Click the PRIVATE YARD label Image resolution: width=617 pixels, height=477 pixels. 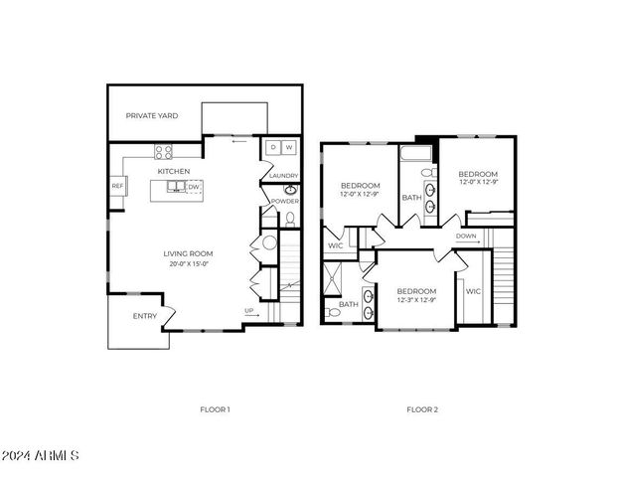click(x=152, y=116)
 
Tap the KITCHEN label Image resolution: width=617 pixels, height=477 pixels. click(x=174, y=171)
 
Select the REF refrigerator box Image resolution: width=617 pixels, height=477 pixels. click(x=117, y=186)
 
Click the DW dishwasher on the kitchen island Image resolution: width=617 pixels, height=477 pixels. click(x=195, y=186)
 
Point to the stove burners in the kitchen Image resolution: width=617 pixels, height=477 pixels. click(x=164, y=151)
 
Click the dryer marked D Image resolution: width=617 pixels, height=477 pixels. click(x=274, y=148)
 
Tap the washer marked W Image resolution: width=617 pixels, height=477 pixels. click(x=289, y=148)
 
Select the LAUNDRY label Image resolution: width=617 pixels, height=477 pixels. click(x=283, y=177)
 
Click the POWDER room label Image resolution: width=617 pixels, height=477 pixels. click(x=284, y=201)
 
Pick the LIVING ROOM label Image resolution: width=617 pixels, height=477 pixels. click(x=189, y=253)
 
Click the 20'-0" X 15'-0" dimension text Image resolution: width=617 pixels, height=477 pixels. click(x=189, y=264)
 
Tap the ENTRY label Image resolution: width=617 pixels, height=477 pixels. click(x=144, y=317)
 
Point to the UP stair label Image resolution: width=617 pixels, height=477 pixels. click(x=249, y=311)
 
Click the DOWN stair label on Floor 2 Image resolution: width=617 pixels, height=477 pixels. click(x=466, y=236)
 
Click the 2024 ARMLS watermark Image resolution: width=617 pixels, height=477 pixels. click(x=40, y=456)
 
